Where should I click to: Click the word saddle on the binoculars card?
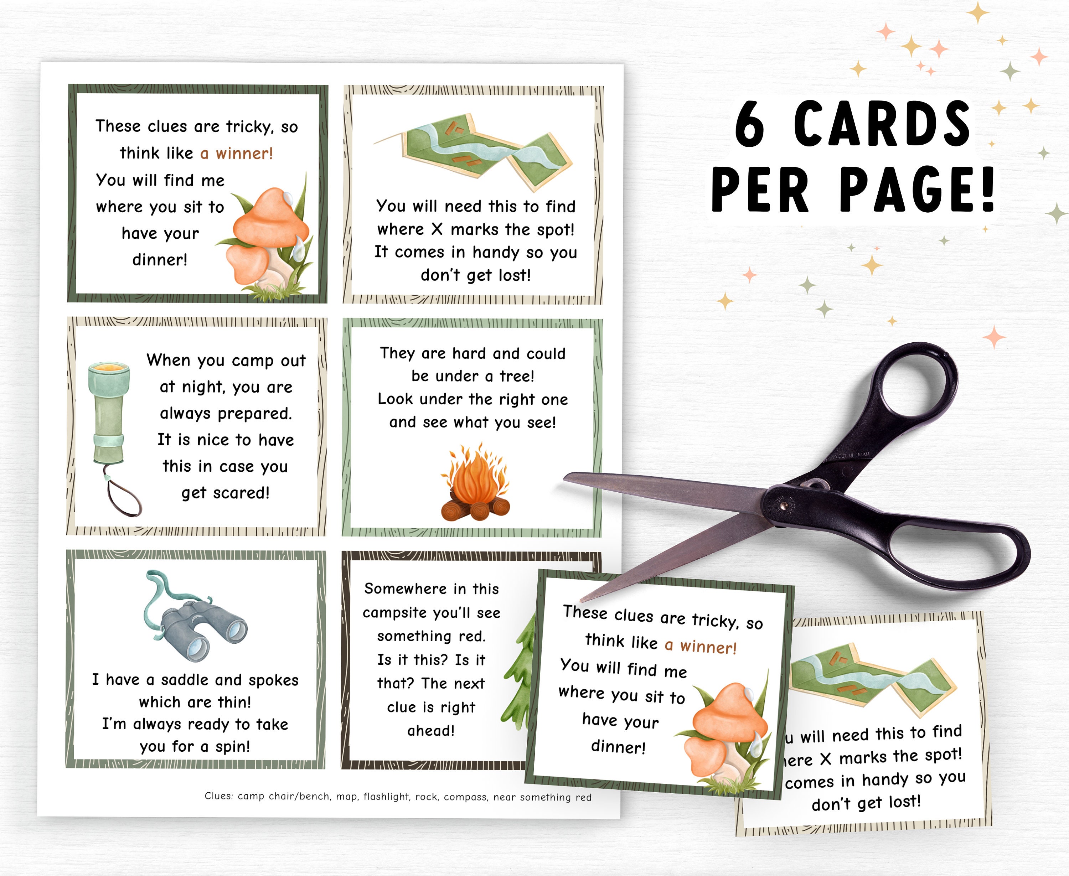click(184, 680)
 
